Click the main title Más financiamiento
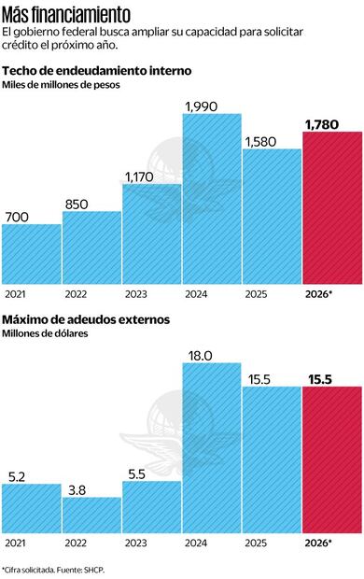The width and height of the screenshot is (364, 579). point(65,15)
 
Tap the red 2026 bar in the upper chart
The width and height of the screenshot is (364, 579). point(332,207)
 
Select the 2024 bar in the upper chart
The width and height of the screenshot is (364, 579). point(212,198)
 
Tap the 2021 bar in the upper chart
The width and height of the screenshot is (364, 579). point(31,254)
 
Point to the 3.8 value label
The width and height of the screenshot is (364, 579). point(76,488)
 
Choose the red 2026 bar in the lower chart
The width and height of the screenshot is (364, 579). point(332,458)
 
